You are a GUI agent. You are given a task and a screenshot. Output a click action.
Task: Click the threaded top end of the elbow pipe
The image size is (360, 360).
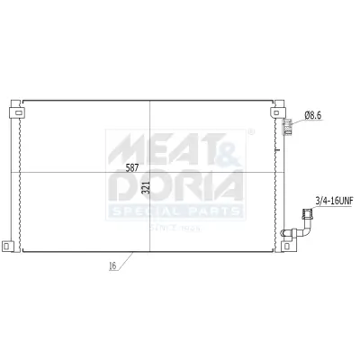coord(306,213)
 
